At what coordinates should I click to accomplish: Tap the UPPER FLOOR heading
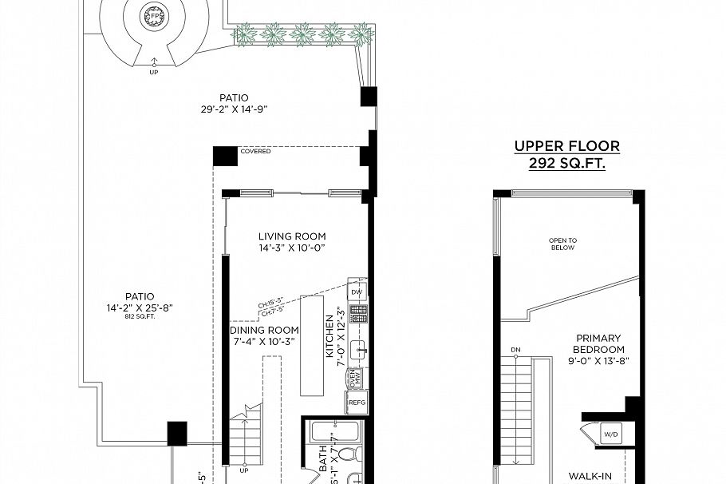(x=566, y=146)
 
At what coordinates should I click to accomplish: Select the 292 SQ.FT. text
(x=566, y=163)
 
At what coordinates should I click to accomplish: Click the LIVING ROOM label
(x=292, y=236)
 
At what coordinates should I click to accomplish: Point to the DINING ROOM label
(x=264, y=330)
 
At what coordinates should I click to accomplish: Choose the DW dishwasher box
(x=357, y=292)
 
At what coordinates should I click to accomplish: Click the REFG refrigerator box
(x=357, y=403)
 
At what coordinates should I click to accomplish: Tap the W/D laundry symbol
(x=610, y=435)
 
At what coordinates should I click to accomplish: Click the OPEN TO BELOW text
(x=562, y=244)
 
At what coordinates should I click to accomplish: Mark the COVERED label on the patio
(x=255, y=151)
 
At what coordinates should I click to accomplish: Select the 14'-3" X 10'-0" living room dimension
(x=292, y=248)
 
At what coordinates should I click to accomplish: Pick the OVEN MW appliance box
(x=357, y=378)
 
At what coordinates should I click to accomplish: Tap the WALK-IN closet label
(x=590, y=477)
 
